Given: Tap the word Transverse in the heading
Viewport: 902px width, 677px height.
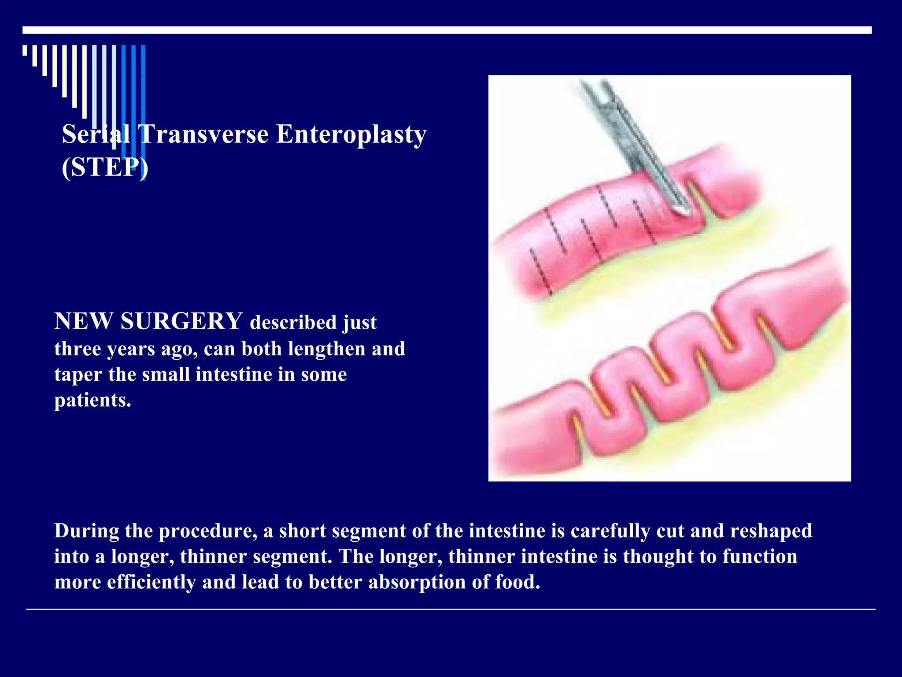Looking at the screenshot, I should [203, 134].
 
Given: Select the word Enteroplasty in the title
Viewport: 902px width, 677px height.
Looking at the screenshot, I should [351, 135].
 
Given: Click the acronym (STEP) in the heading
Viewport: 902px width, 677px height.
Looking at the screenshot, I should [105, 167].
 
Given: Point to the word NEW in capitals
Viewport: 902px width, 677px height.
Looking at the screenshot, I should [83, 321].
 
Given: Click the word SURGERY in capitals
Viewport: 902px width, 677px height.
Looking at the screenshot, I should [181, 321].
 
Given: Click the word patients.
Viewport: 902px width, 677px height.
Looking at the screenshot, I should [92, 401].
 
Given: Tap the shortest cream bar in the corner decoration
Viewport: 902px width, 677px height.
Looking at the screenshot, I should [25, 50].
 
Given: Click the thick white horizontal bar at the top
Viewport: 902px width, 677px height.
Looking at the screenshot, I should [447, 30].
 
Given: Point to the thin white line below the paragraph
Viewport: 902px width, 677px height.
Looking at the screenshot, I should [451, 610].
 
